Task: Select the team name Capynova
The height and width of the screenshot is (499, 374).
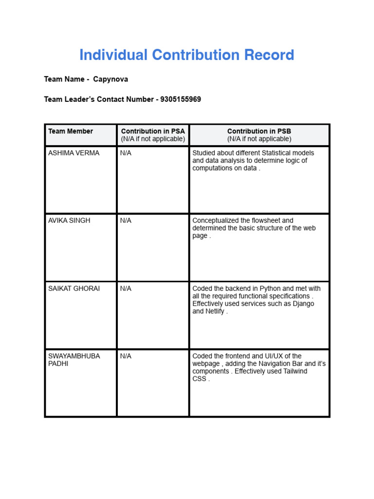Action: (x=111, y=79)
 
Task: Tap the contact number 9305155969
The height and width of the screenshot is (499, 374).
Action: (x=181, y=99)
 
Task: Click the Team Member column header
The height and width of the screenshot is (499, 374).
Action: (x=71, y=131)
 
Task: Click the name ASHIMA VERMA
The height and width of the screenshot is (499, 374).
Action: (x=74, y=153)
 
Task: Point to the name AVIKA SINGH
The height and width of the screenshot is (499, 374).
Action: (x=69, y=221)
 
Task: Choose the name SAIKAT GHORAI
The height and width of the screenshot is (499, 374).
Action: (x=74, y=288)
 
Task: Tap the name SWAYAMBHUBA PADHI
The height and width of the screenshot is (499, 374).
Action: (x=74, y=360)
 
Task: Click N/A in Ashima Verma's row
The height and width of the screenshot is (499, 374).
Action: (x=126, y=153)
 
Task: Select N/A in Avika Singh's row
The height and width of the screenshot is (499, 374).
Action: (x=126, y=221)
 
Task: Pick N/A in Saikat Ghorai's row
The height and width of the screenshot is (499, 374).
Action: (x=126, y=288)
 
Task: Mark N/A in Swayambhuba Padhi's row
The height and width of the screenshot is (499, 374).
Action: (x=126, y=356)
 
